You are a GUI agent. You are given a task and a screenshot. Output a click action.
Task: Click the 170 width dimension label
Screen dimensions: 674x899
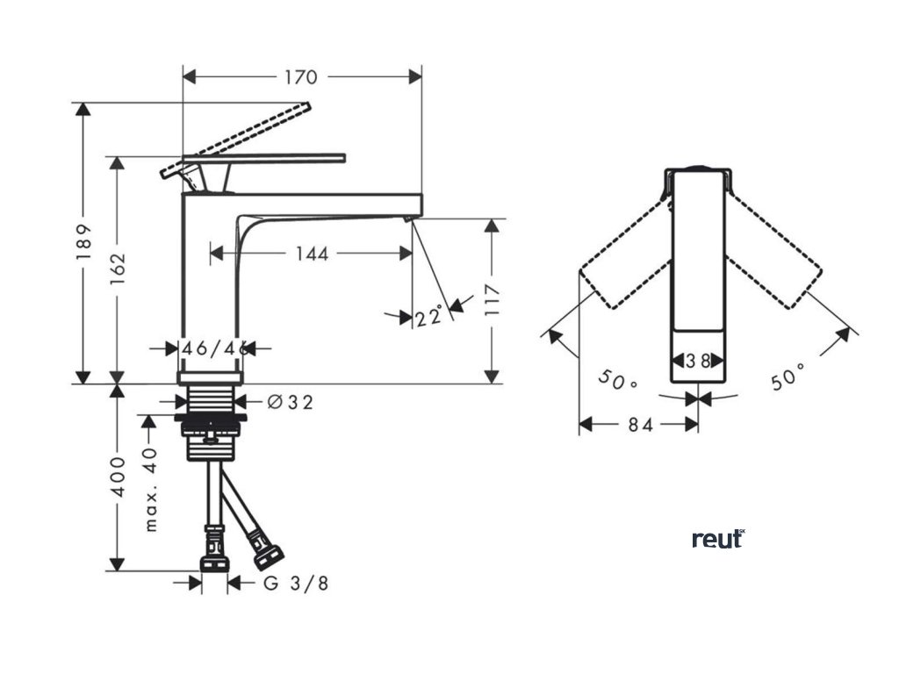pyautogui.click(x=300, y=77)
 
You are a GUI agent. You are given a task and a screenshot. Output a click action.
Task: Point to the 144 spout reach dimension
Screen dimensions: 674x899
pyautogui.click(x=312, y=254)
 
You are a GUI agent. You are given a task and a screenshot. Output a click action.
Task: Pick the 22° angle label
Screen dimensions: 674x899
pyautogui.click(x=431, y=316)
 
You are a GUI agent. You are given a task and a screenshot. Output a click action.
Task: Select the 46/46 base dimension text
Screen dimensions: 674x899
pyautogui.click(x=209, y=348)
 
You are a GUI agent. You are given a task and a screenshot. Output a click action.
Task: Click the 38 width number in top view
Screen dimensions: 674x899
pyautogui.click(x=699, y=360)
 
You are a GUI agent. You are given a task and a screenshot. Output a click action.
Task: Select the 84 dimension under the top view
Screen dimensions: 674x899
pyautogui.click(x=640, y=425)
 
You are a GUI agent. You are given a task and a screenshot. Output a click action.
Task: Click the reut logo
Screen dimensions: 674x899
pyautogui.click(x=718, y=539)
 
